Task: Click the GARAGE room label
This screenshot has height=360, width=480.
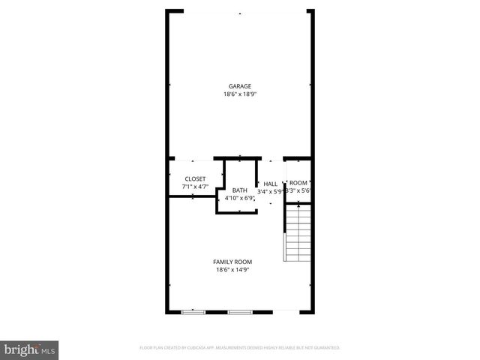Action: click(x=240, y=86)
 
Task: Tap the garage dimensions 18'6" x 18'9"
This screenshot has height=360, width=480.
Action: click(x=240, y=94)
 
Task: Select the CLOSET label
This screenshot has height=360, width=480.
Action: click(x=195, y=178)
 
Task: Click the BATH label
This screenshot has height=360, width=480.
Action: click(x=239, y=190)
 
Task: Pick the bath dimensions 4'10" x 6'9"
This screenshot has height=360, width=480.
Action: click(x=239, y=198)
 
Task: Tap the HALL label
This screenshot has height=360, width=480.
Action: click(x=270, y=184)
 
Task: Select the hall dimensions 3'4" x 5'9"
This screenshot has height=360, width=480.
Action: click(x=270, y=191)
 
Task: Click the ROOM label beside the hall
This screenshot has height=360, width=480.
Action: click(x=298, y=183)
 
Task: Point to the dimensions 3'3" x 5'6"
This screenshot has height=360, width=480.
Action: click(x=298, y=190)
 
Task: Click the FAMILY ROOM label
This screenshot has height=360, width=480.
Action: click(x=232, y=261)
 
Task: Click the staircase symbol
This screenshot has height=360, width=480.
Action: click(x=298, y=232)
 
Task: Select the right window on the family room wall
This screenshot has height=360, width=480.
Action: click(x=239, y=311)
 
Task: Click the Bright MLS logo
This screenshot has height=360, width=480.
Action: click(x=30, y=349)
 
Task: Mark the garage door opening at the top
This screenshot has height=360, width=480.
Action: click(x=240, y=11)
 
